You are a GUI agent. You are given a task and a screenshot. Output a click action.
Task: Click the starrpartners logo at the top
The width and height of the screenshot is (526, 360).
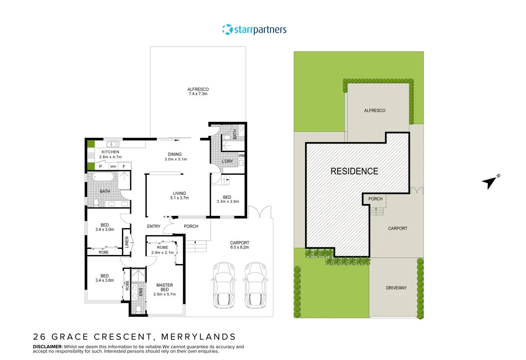[254, 30]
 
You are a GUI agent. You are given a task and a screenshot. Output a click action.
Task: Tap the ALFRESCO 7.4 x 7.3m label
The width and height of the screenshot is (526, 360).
[198, 92]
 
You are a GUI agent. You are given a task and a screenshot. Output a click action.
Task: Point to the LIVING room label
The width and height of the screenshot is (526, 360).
[179, 195]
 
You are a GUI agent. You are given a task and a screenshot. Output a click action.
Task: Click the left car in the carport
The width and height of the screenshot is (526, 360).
[224, 285]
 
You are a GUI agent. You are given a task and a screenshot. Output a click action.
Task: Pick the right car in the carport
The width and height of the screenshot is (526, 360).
[256, 285]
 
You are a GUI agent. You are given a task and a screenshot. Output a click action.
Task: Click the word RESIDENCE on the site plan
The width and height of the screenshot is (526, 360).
[354, 171]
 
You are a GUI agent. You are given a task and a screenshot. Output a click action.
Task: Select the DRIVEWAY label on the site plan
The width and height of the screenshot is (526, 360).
[396, 288]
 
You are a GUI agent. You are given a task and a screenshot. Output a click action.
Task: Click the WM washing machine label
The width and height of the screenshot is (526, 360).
[241, 155]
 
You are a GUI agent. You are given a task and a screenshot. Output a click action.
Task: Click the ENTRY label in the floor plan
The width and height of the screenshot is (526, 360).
[153, 226]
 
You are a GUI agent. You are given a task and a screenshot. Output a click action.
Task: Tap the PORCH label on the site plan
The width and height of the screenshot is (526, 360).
[375, 199]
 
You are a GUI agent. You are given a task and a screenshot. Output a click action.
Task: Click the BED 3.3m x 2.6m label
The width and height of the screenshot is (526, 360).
[227, 199]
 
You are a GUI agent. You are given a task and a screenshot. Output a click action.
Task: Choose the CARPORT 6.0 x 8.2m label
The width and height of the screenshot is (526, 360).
[239, 245]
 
